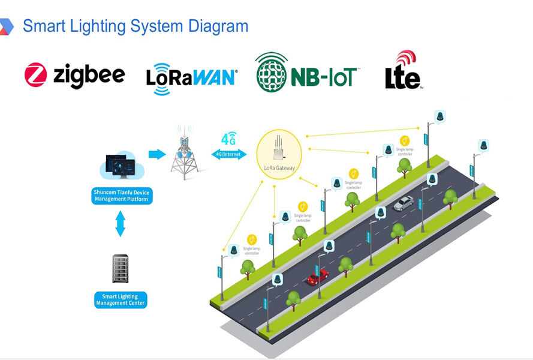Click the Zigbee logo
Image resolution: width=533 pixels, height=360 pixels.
[75, 76]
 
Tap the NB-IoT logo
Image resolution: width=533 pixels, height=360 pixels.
[307, 74]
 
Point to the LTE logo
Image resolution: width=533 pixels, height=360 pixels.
[403, 72]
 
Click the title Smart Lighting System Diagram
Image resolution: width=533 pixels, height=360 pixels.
[135, 26]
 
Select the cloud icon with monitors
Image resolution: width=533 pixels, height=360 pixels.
[121, 165]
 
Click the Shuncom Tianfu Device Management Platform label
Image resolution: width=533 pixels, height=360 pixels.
[122, 196]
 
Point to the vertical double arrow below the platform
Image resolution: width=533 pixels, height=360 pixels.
[121, 224]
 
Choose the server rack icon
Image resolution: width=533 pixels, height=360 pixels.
[121, 269]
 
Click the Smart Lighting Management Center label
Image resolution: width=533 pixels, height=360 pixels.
[121, 300]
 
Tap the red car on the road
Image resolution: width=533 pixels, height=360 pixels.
[317, 277]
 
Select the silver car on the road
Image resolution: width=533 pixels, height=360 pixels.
[403, 204]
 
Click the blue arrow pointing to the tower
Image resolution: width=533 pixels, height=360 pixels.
[157, 155]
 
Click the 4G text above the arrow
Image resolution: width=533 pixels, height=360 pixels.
[228, 139]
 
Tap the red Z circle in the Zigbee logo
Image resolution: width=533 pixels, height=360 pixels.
[36, 76]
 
